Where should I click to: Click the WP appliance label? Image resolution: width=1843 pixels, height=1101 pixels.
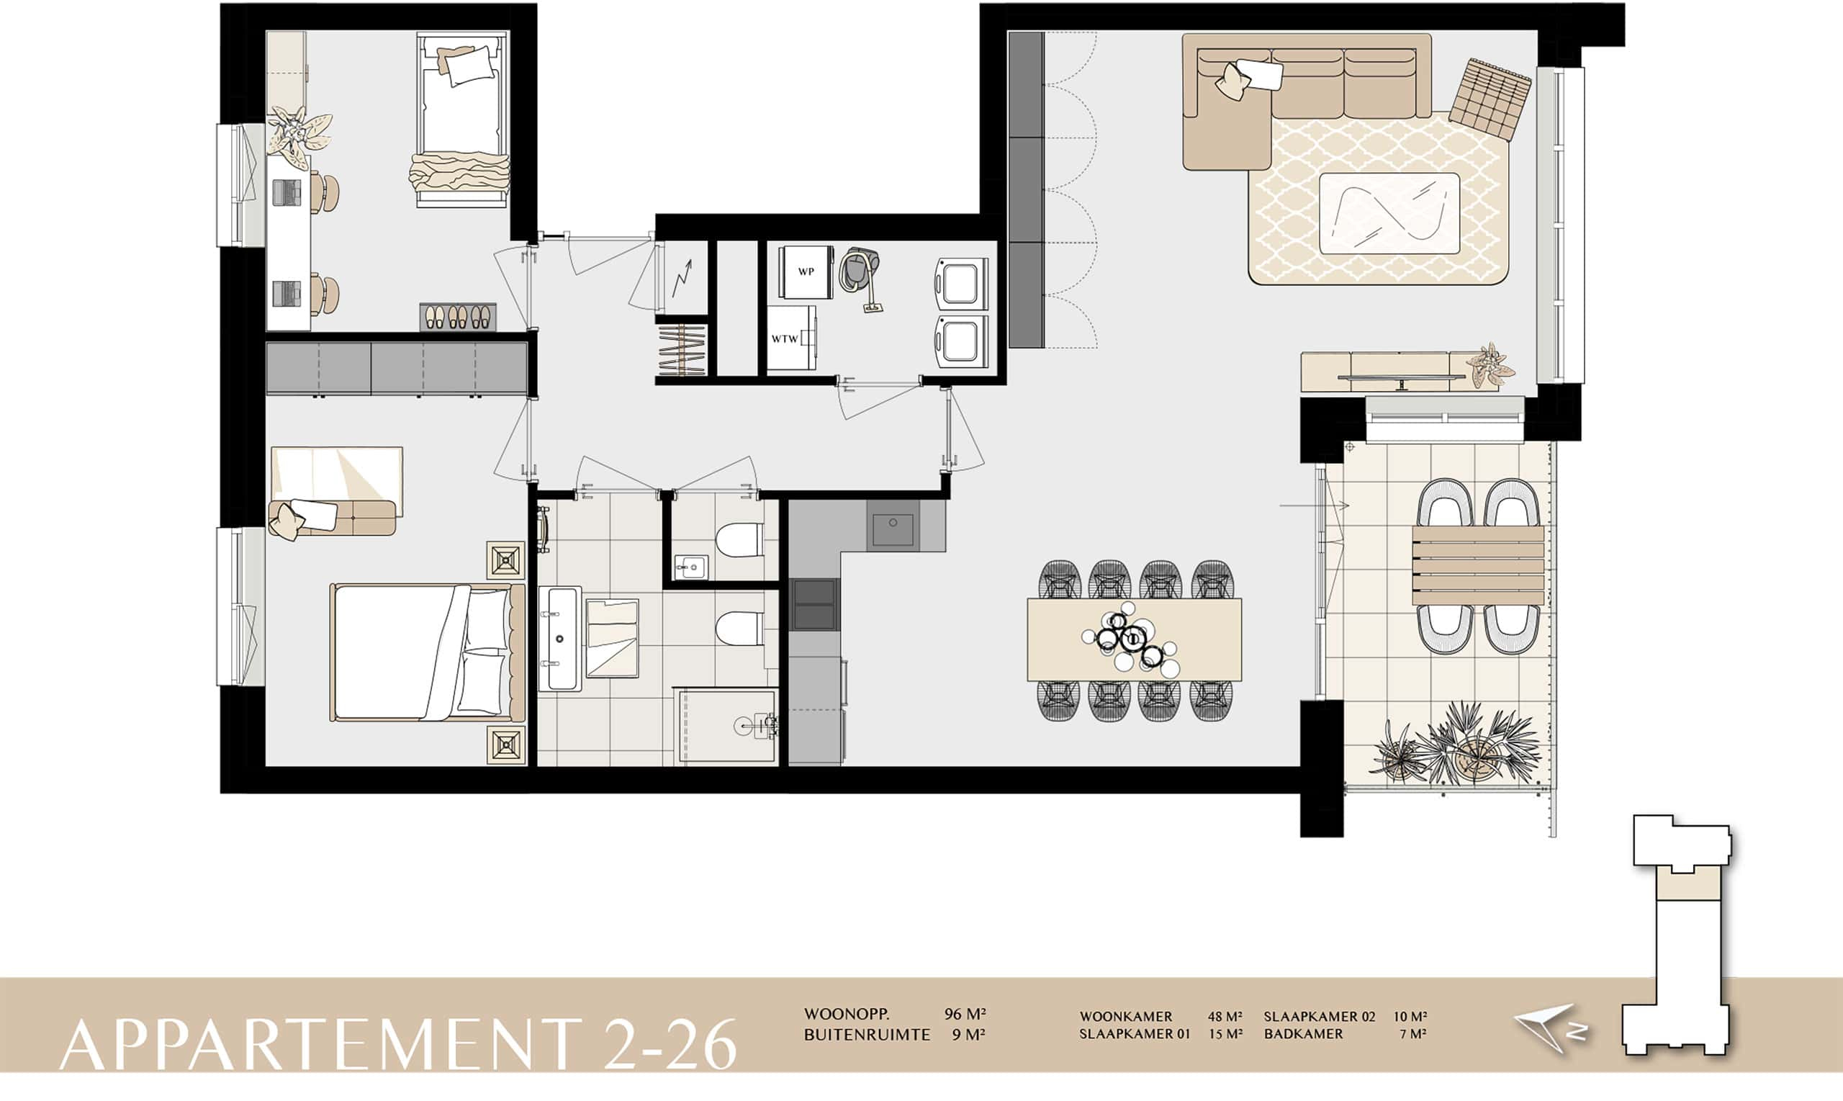[x=806, y=271]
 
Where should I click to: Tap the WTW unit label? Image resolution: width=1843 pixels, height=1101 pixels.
[x=785, y=339]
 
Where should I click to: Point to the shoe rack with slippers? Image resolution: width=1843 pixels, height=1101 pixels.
[x=458, y=317]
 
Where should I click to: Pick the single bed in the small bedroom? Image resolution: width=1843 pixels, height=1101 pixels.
[x=463, y=119]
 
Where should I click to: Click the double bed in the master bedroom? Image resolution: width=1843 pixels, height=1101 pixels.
[x=428, y=652]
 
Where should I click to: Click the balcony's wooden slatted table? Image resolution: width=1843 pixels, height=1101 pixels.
[x=1478, y=565]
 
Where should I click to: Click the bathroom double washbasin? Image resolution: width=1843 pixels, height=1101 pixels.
[x=559, y=638]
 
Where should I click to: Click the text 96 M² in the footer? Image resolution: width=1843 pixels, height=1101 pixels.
[x=965, y=1014]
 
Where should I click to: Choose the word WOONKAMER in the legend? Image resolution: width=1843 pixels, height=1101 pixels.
[x=1126, y=1017]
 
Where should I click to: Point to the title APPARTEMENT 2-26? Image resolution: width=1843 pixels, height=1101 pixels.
[x=398, y=1045]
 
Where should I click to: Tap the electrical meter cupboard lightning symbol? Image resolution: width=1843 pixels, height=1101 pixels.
[x=682, y=277]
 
